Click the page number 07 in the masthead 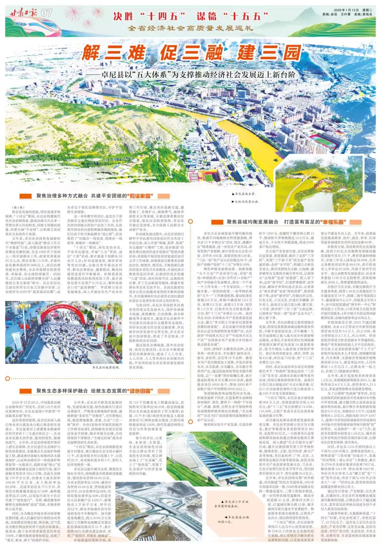click(x=46, y=13)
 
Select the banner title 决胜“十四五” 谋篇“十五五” click(x=187, y=16)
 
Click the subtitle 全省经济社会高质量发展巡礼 click(x=190, y=28)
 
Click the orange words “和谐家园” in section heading click(x=140, y=196)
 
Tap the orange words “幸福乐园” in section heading click(x=333, y=222)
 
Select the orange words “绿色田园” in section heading click(x=140, y=391)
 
